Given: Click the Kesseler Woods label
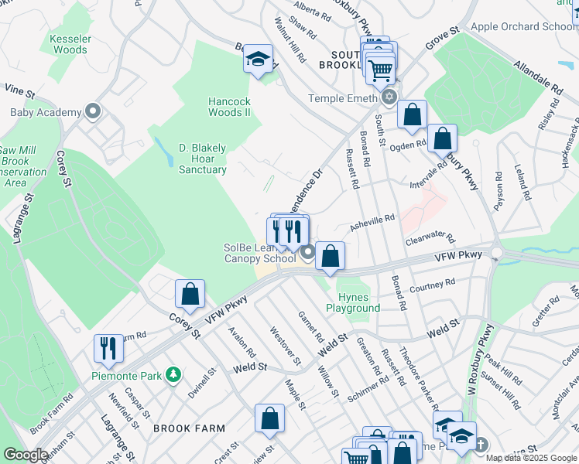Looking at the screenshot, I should [70, 44].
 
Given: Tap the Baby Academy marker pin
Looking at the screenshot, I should [94, 112].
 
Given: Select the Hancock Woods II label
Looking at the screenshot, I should [230, 107].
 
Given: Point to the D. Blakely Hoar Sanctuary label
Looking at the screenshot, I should [202, 159].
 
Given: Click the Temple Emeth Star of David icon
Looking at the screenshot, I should [389, 97].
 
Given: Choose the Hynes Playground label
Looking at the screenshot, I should [358, 302].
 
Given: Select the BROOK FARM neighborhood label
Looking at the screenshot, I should [189, 428].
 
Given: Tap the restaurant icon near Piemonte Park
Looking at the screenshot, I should [108, 348].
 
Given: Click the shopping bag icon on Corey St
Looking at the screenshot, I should [190, 294].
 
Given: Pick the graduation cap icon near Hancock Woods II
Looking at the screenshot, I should [258, 60].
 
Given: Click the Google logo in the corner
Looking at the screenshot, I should [25, 455].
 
